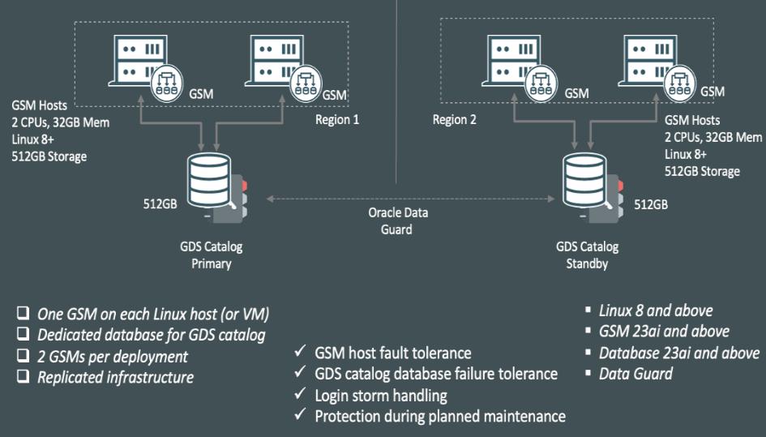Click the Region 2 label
pos(454,119)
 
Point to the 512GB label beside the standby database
pos(650,204)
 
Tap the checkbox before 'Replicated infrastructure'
pos(24,377)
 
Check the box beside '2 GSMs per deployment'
pos(24,357)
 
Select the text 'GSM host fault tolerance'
pos(392,353)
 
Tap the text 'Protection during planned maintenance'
pos(439,417)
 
